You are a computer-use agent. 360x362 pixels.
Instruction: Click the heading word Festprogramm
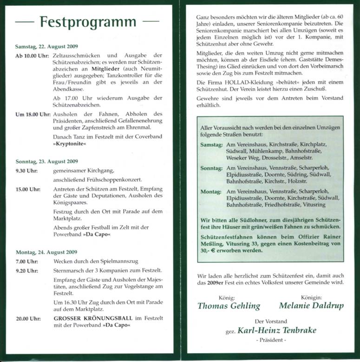click(x=88, y=22)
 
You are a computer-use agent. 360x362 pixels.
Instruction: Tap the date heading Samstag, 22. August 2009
click(x=46, y=46)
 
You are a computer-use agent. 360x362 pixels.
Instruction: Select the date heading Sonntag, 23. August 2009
click(x=46, y=162)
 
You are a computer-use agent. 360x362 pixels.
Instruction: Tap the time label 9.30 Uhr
click(x=26, y=171)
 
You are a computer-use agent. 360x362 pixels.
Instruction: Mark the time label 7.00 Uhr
click(x=26, y=262)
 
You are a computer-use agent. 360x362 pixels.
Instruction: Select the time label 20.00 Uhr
click(x=27, y=319)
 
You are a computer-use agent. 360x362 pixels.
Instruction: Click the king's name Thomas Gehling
click(x=229, y=306)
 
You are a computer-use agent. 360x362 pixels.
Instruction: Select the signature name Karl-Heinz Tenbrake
click(x=277, y=330)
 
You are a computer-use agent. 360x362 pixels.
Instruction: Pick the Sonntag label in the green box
click(x=211, y=168)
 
